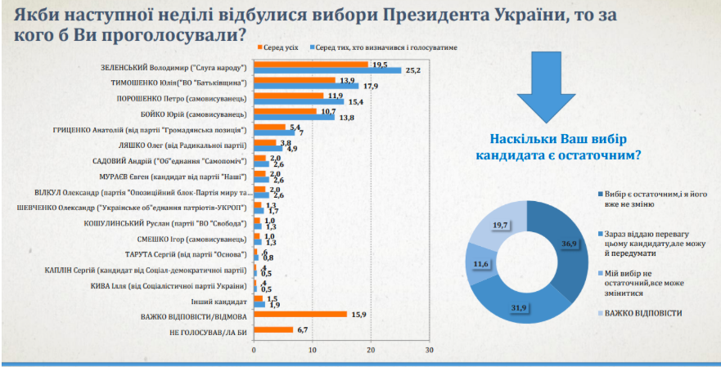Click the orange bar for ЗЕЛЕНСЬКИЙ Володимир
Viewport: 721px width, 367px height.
coord(311,64)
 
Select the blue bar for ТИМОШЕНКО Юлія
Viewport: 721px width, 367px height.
coord(306,85)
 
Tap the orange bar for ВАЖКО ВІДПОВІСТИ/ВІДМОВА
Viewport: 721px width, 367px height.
coord(300,314)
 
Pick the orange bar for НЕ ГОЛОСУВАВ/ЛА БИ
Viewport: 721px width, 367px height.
coord(273,329)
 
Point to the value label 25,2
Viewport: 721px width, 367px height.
coord(412,70)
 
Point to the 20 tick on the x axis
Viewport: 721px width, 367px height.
coord(371,349)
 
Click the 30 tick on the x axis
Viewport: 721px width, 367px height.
coord(429,349)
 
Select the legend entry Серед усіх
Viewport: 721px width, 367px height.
coord(283,49)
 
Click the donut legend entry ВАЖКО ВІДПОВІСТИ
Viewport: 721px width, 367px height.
coord(640,313)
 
